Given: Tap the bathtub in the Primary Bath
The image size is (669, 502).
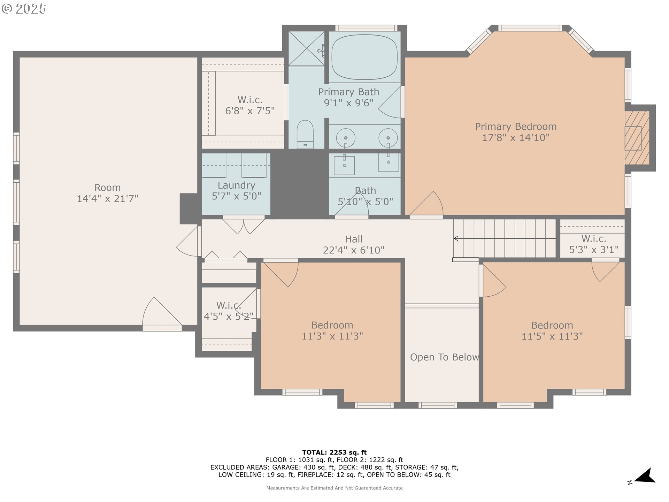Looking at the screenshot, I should (x=364, y=57).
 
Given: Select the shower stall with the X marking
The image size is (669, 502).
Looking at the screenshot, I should (x=306, y=48).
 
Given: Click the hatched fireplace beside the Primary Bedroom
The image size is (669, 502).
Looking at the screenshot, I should (x=637, y=138).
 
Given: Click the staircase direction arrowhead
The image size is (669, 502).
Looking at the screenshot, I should (x=456, y=238).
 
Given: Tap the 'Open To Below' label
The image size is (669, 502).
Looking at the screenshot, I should (x=444, y=357).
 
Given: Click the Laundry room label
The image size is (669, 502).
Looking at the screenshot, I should (x=236, y=185).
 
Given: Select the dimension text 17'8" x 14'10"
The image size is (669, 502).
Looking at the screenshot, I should (x=516, y=138).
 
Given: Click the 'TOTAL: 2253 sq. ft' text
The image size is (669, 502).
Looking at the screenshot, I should (x=334, y=452).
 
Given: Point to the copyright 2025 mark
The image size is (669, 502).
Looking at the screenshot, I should (x=24, y=9).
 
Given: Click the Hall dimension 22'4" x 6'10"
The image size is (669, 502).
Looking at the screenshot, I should (x=353, y=250).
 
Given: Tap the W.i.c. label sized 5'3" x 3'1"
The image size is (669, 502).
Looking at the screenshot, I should (x=593, y=239).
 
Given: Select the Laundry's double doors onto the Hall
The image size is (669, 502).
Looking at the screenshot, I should (x=244, y=225).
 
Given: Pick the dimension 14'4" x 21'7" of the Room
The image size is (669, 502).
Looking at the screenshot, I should (x=107, y=199).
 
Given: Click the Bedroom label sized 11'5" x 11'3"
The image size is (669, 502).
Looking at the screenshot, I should (x=552, y=325).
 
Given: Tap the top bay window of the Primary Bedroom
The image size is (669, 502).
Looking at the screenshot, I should (x=530, y=28).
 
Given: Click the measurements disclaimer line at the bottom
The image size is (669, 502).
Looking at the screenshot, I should (x=334, y=488).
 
